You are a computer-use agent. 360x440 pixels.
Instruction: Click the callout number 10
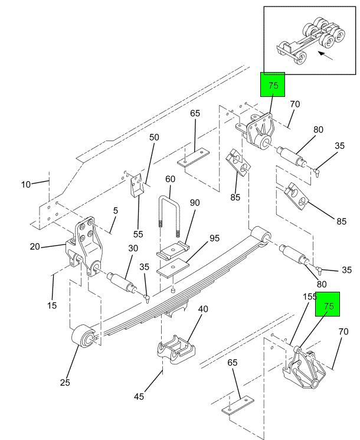tap(26, 184)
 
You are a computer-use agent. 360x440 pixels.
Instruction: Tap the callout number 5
tap(116, 210)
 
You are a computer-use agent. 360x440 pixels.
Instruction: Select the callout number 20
tap(35, 247)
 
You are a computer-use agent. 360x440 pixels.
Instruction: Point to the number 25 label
tap(65, 383)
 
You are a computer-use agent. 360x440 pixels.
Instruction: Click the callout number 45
tap(139, 396)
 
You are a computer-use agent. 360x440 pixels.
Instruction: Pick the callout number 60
tap(170, 179)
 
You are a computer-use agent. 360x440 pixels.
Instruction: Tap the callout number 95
tap(214, 238)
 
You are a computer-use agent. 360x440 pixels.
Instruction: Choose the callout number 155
tap(309, 296)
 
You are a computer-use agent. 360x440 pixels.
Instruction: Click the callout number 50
tap(154, 137)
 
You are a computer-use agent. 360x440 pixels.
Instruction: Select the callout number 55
tap(138, 234)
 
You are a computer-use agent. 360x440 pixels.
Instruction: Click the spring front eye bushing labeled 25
tap(83, 337)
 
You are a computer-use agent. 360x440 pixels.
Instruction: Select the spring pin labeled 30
tap(122, 283)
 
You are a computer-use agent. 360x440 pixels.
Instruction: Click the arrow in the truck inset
tap(326, 56)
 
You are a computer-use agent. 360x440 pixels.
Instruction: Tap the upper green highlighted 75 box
tap(273, 84)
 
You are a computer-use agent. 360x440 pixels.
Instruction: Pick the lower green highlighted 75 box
tap(328, 304)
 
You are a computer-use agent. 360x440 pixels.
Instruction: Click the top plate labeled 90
tap(173, 250)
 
